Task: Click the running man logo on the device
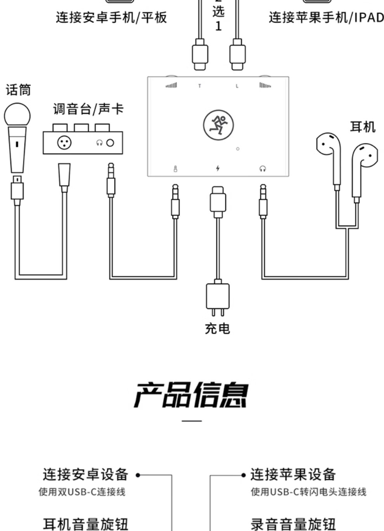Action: (218, 125)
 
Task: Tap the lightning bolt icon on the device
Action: (218, 168)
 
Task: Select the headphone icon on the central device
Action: (263, 168)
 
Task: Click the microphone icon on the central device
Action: (175, 169)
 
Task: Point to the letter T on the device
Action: (200, 86)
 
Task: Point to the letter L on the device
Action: (237, 86)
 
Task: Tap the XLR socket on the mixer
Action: (64, 143)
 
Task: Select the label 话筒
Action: (18, 90)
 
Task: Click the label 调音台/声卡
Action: (88, 109)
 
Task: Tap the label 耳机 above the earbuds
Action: (363, 127)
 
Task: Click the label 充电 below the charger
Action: (218, 329)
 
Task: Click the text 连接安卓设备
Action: (85, 474)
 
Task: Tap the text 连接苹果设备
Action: (293, 474)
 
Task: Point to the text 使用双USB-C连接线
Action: (82, 492)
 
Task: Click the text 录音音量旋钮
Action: (293, 524)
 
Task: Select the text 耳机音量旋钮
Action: (85, 524)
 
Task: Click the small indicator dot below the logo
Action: (238, 149)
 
